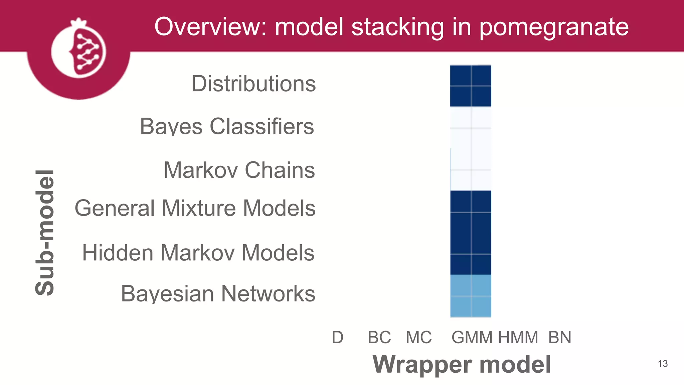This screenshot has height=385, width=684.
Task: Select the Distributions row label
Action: pyautogui.click(x=253, y=84)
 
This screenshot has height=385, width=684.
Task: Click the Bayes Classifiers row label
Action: pyautogui.click(x=227, y=127)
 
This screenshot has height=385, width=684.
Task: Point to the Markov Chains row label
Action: pyautogui.click(x=239, y=170)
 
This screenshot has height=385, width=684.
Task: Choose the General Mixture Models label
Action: pyautogui.click(x=195, y=208)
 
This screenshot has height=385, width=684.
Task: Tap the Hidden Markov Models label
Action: pyautogui.click(x=198, y=253)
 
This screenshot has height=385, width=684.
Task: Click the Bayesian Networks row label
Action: pyautogui.click(x=218, y=294)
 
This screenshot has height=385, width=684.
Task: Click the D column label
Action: pyautogui.click(x=337, y=337)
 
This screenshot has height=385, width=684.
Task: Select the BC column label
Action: pyautogui.click(x=379, y=337)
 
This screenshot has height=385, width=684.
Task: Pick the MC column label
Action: pyautogui.click(x=418, y=337)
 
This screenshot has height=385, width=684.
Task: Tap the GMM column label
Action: pyautogui.click(x=472, y=337)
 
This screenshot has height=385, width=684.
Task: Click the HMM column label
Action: pyautogui.click(x=518, y=337)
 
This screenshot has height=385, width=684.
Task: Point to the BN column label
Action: pyautogui.click(x=560, y=337)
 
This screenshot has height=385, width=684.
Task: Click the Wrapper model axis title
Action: pyautogui.click(x=462, y=364)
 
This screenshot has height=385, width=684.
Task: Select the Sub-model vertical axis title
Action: pyautogui.click(x=45, y=233)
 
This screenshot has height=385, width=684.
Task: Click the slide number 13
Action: pyautogui.click(x=663, y=364)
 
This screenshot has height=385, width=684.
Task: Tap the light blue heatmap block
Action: pyautogui.click(x=471, y=296)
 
